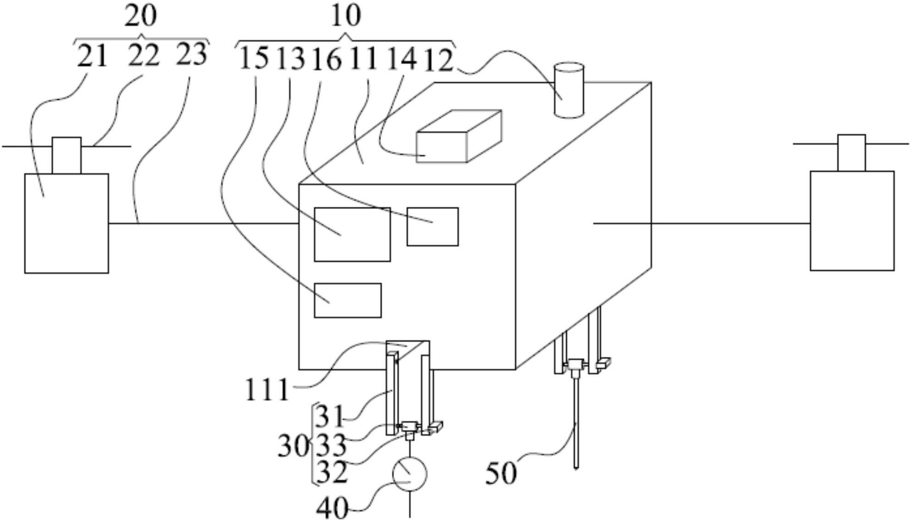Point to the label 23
coord(192,54)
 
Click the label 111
coord(267,390)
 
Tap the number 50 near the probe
coord(501,473)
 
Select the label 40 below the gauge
coord(332,508)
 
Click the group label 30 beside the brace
coord(293,446)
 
